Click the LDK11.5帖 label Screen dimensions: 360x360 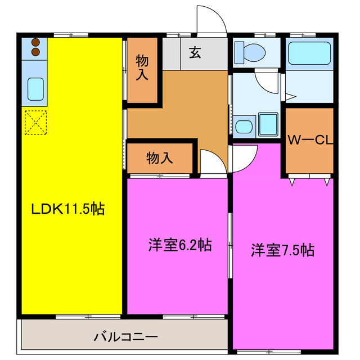67,209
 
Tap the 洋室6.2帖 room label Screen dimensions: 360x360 179,245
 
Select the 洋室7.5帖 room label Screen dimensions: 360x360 282,250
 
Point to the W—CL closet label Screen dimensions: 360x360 310,140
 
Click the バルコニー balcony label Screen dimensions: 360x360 125,337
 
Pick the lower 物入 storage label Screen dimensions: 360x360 160,158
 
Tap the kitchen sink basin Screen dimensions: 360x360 36,88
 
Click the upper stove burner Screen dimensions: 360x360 35,42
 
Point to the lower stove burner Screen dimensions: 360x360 35,52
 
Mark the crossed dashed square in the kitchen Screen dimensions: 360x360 35,123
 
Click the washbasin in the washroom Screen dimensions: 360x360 245,125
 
